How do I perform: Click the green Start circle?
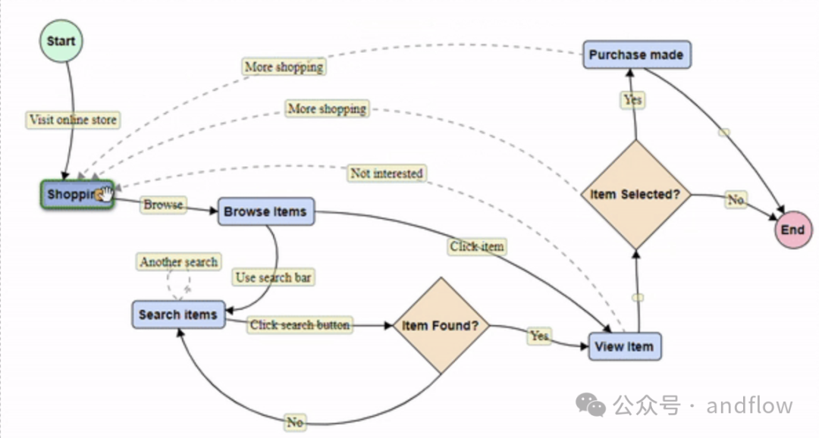click(61, 41)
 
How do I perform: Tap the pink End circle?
click(792, 230)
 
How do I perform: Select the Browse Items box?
click(265, 211)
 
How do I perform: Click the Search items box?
click(178, 314)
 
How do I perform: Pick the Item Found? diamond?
click(441, 326)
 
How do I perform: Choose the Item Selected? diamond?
click(635, 195)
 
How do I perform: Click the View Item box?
click(624, 346)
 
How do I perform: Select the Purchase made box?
click(636, 55)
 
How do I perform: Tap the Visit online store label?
click(73, 120)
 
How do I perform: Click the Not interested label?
click(386, 174)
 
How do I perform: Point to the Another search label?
click(179, 262)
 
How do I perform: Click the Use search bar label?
click(273, 277)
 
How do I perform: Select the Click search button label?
click(300, 325)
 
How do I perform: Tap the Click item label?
click(477, 246)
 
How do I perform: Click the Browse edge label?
click(163, 205)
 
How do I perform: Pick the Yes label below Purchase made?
click(632, 100)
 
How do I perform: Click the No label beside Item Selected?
click(736, 200)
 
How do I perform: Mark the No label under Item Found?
click(294, 422)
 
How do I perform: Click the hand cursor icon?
click(104, 195)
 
